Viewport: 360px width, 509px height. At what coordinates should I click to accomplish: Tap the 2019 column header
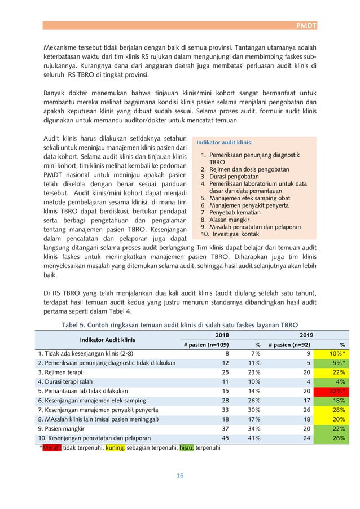307,334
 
